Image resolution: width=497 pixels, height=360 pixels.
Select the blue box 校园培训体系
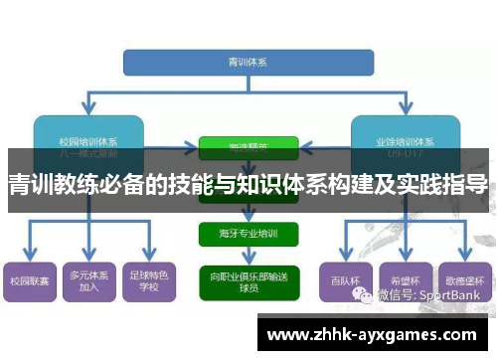pyautogui.click(x=88, y=135)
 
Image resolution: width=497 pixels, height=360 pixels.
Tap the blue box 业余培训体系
pyautogui.click(x=407, y=135)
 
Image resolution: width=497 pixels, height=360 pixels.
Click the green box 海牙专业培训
pyautogui.click(x=248, y=235)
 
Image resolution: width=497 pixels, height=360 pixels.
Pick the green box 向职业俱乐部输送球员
pyautogui.click(x=248, y=281)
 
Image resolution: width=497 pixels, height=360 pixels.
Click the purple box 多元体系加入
pyautogui.click(x=88, y=281)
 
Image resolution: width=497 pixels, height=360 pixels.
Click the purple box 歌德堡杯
pyautogui.click(x=464, y=281)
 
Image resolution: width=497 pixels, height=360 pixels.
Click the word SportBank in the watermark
pyautogui.click(x=455, y=295)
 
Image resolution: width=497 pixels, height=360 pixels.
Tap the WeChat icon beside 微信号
pyautogui.click(x=372, y=295)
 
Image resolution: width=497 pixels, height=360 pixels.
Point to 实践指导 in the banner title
pyautogui.click(x=451, y=184)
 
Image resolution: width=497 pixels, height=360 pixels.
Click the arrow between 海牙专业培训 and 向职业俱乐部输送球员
pyautogui.click(x=248, y=257)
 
